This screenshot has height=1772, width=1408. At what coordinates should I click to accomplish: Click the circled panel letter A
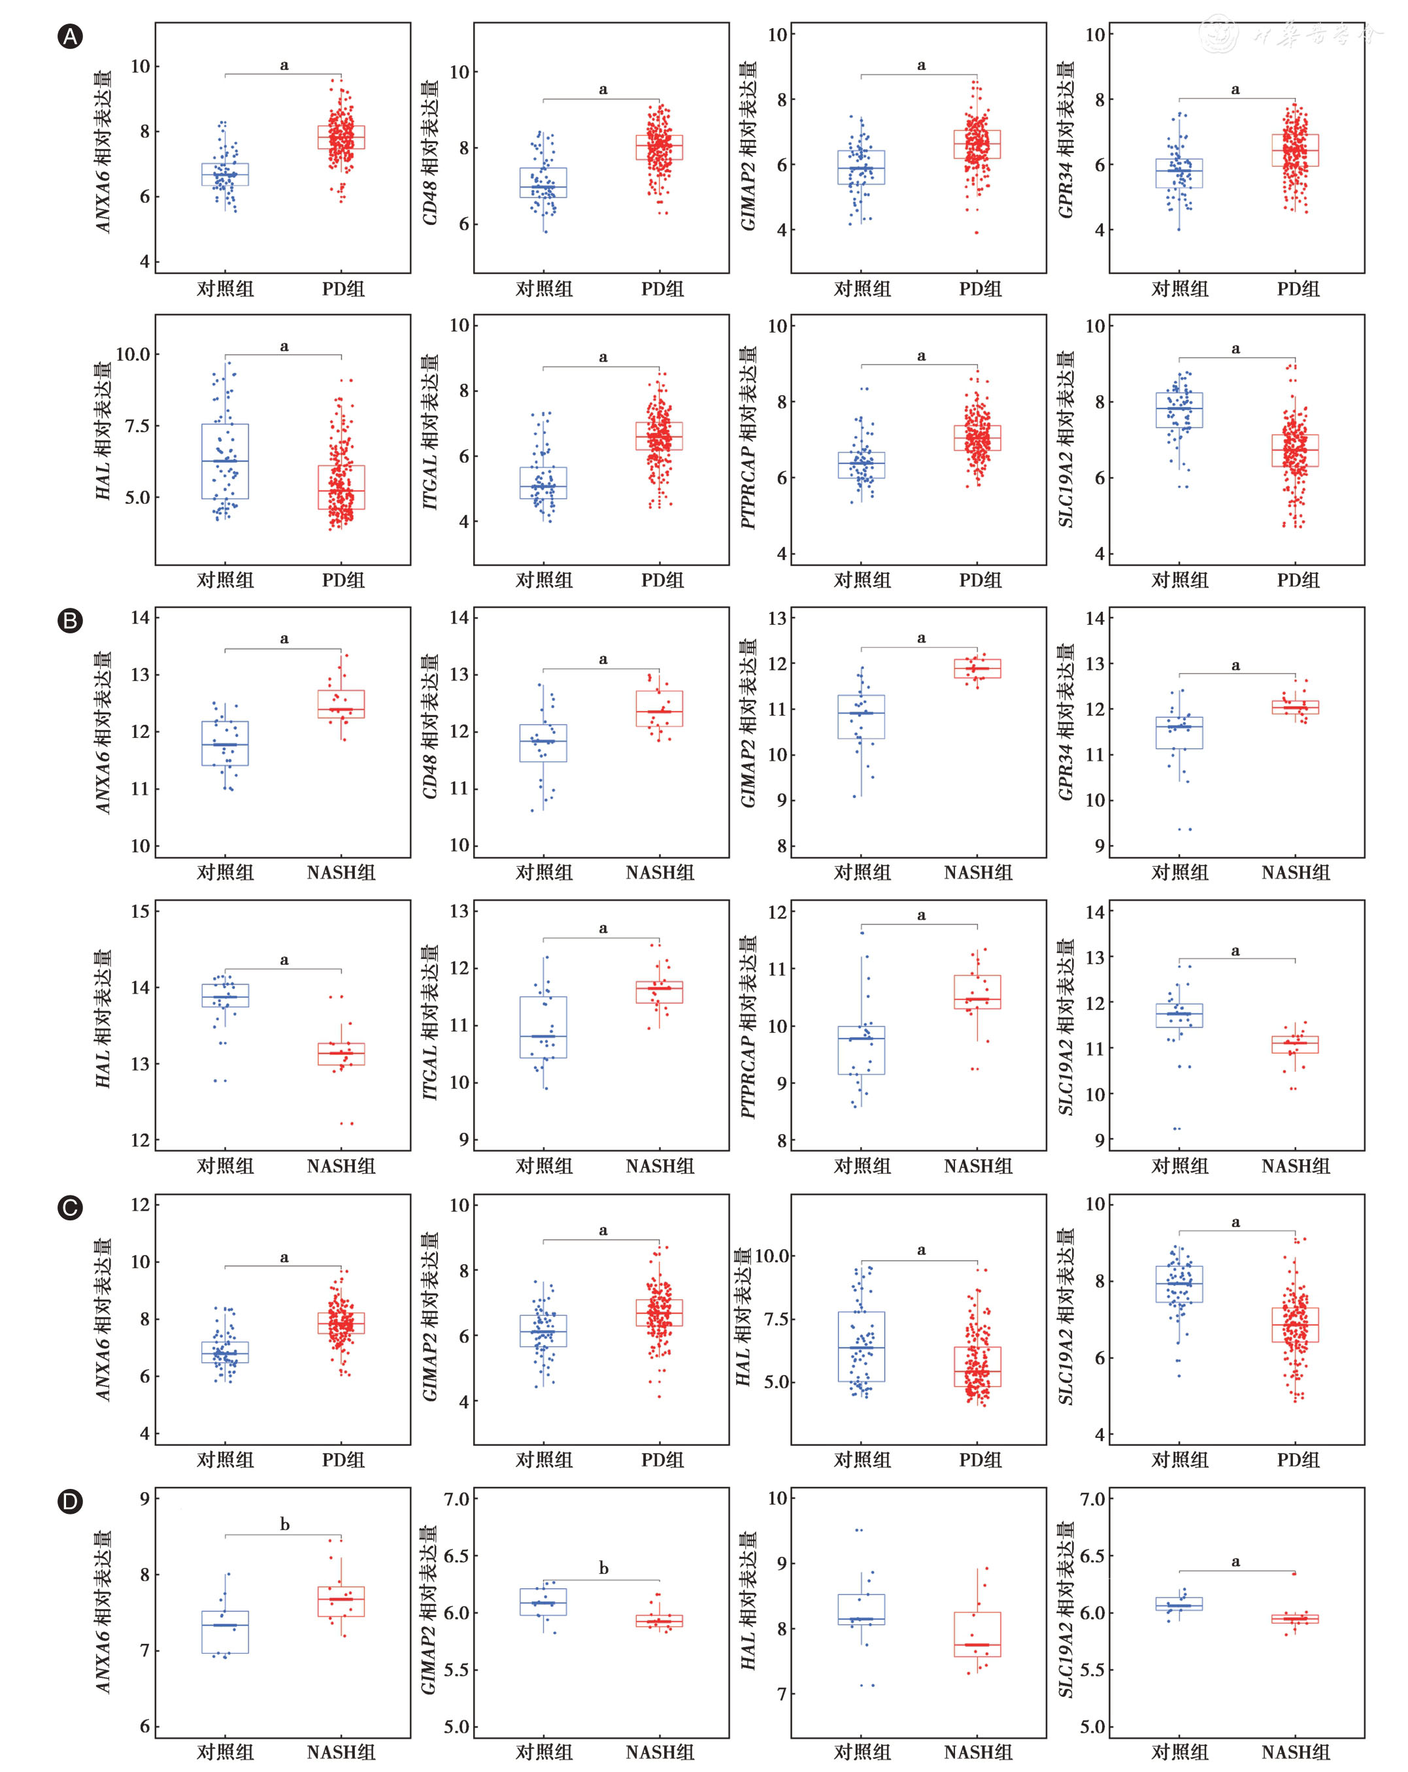71,37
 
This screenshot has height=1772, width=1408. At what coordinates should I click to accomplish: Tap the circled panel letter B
71,620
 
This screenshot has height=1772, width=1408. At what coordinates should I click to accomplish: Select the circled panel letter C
71,1207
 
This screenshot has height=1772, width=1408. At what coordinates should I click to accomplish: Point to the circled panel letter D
71,1501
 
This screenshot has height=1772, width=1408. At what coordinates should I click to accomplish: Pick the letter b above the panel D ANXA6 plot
284,1525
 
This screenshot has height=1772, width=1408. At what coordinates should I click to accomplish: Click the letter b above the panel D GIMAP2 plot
603,1568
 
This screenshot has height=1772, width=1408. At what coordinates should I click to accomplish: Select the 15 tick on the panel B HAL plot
141,911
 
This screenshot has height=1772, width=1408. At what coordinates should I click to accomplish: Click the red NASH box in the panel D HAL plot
978,1634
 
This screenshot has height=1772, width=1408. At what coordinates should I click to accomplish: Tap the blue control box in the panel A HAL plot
226,461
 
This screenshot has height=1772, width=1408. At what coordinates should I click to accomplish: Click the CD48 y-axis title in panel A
430,153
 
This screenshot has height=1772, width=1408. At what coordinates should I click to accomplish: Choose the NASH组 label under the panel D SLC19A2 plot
1296,1752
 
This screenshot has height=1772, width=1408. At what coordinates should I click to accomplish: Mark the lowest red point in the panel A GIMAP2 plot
977,233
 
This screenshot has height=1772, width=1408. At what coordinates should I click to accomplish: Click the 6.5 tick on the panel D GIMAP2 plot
456,1556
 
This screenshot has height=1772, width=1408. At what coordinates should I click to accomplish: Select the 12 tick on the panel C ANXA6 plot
141,1205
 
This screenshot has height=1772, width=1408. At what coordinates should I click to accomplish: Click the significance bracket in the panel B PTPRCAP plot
920,926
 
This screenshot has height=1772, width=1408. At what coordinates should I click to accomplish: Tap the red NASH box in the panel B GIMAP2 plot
977,668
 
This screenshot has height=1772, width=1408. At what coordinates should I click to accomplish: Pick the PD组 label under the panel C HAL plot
980,1460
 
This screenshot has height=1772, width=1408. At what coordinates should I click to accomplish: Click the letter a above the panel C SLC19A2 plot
1235,1223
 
